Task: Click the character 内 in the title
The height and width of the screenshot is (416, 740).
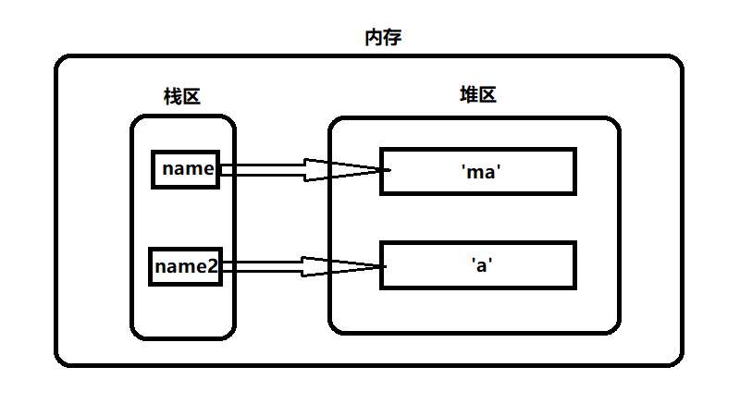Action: coord(374,38)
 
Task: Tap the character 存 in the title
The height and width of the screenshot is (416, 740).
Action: coord(392,38)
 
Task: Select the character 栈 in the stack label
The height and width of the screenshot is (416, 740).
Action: coord(172,96)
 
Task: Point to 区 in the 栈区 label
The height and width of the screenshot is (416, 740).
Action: coord(191,96)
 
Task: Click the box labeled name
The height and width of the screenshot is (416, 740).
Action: coord(186,169)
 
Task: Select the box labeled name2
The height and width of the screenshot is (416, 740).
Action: coord(186,266)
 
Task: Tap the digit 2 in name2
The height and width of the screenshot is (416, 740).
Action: coord(213,267)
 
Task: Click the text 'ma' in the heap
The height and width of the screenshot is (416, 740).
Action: coord(479,171)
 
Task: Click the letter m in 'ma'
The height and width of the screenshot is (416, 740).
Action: coord(475,172)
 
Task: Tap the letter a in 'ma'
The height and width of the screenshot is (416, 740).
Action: coord(489,172)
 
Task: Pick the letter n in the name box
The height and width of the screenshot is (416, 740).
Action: coord(168,169)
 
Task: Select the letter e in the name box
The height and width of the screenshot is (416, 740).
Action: coord(208,169)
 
